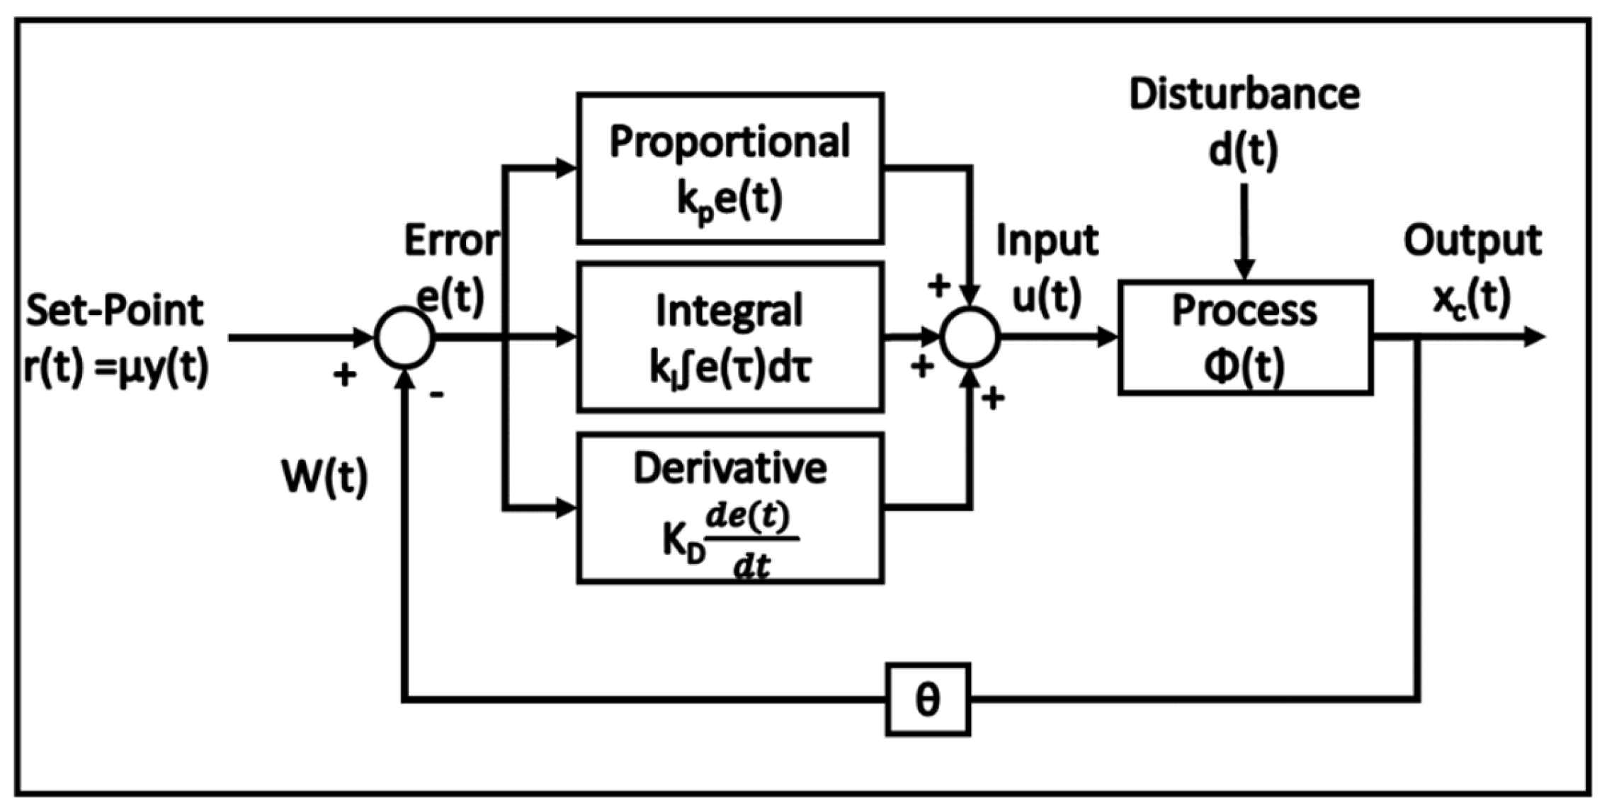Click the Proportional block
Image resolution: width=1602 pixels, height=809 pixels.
coord(729,168)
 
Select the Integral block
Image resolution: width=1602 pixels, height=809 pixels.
coord(729,337)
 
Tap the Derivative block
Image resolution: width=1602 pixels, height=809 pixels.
coord(729,508)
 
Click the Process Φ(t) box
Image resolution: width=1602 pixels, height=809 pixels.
coord(1245,337)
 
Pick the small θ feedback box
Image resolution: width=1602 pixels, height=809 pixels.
coord(927,700)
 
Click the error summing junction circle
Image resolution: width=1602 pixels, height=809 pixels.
coord(404,338)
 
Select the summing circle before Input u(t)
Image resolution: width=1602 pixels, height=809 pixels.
coord(970,338)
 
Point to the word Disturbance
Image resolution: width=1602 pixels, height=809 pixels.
coord(1244,95)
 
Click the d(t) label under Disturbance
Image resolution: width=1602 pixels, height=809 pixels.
coord(1244,151)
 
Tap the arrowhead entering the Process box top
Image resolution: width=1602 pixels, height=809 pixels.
coord(1244,269)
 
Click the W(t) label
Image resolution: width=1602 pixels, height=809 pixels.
coord(325,478)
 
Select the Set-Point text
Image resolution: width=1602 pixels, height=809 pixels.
coord(115,310)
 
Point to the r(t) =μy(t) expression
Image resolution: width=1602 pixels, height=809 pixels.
coord(116,367)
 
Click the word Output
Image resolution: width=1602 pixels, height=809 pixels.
coord(1472,241)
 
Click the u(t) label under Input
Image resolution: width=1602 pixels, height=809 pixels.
coord(1046,296)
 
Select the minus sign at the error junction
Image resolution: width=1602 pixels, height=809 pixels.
coord(437,394)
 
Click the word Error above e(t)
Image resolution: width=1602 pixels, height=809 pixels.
coord(451,241)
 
